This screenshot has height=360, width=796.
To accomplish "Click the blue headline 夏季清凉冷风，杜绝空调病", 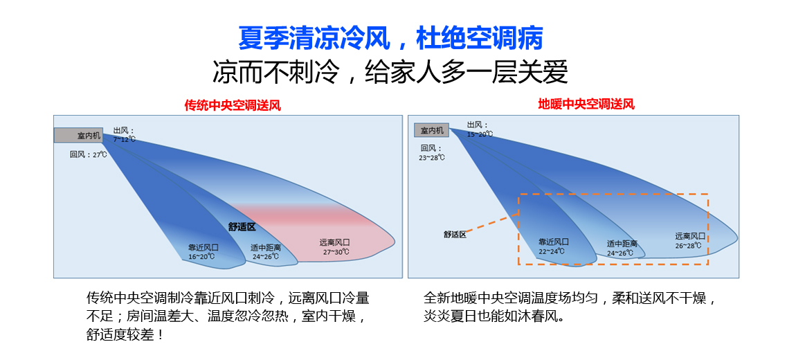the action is coord(390,39).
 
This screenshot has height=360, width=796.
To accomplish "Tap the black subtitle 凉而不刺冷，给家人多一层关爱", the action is coord(390,73).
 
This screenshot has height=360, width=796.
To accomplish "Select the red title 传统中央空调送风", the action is coord(232,106).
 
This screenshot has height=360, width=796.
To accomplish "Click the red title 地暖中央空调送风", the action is coord(586,105).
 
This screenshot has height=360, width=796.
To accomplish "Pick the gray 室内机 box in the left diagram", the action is coord(78,136).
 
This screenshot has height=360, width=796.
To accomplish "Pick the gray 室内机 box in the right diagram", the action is coord(432,130).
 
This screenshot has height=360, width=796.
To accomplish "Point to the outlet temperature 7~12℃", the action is coord(125,139).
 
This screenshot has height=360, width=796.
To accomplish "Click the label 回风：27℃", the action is coord(89,154).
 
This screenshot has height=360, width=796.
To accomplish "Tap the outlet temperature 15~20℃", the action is coord(480,134).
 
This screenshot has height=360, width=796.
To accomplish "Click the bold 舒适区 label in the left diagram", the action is coord(242,227).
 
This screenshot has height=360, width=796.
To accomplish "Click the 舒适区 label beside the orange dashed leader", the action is coord(454,234).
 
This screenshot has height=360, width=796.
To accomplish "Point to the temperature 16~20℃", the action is coord(201,257).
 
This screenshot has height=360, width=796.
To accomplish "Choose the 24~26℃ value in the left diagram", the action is coord(266,256).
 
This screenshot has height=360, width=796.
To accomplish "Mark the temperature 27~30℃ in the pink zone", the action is coord(336,252).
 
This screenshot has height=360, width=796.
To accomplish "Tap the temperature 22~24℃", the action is coord(552,251).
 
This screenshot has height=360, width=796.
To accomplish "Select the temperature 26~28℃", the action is coord(689,245).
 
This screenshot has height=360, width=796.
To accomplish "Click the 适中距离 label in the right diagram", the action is coord(622,244).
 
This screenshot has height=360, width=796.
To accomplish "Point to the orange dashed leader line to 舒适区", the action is coord(492,224).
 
